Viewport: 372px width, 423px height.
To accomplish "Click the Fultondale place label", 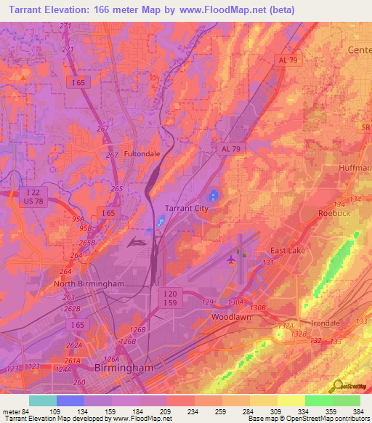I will click(x=142, y=154).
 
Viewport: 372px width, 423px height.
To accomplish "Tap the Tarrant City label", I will click(x=187, y=208).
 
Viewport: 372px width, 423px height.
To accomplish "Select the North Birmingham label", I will click(x=89, y=283).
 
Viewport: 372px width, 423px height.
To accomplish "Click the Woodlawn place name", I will click(x=231, y=318).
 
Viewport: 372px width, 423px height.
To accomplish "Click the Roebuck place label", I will click(x=334, y=213).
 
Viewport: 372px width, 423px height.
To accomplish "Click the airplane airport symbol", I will click(x=232, y=259).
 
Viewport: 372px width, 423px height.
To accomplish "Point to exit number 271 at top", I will click(x=67, y=27).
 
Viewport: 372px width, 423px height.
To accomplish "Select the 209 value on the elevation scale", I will click(x=166, y=411).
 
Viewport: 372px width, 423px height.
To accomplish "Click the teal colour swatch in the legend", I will click(x=42, y=400).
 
